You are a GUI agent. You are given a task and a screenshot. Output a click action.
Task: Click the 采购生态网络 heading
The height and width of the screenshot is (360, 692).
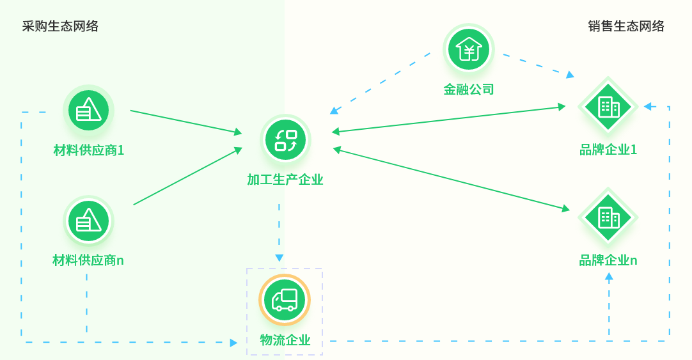tap(60, 26)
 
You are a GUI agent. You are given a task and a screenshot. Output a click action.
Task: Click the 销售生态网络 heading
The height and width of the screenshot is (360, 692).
tap(626, 26)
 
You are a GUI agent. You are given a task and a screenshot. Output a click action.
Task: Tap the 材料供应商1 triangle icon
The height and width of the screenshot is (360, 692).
tap(88, 110)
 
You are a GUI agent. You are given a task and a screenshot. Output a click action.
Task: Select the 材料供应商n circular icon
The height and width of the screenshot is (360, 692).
tap(88, 221)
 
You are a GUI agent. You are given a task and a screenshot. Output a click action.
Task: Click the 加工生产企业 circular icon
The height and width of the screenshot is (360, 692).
tap(285, 140)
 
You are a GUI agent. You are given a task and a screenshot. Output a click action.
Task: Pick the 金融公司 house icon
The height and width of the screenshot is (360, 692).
tap(469, 49)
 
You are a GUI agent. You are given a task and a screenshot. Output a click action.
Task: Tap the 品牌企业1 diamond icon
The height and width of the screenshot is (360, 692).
tap(608, 107)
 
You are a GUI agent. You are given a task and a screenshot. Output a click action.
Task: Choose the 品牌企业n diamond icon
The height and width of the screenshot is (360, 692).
tap(608, 218)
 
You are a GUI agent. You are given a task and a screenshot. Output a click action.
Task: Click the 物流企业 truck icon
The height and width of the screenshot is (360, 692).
tap(285, 300)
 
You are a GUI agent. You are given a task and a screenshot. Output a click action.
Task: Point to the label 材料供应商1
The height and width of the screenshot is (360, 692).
tap(88, 150)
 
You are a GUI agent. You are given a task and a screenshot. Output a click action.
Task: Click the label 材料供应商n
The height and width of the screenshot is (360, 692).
tap(88, 260)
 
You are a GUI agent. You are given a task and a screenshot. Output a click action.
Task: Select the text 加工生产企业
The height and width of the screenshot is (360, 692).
tap(285, 180)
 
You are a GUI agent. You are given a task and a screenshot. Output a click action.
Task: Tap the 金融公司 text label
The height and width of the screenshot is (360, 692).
tap(469, 90)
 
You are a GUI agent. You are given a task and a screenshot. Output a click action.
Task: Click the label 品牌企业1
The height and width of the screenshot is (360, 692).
tap(608, 150)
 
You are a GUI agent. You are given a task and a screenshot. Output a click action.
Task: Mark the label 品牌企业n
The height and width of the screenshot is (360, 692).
tap(608, 260)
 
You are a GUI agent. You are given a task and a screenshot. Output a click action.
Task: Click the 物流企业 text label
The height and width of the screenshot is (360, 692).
tap(285, 340)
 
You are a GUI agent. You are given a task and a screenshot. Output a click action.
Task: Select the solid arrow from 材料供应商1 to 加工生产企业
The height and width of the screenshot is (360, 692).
tap(185, 122)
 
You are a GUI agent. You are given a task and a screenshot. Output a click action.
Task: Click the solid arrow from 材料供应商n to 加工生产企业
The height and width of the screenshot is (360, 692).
tap(187, 176)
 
